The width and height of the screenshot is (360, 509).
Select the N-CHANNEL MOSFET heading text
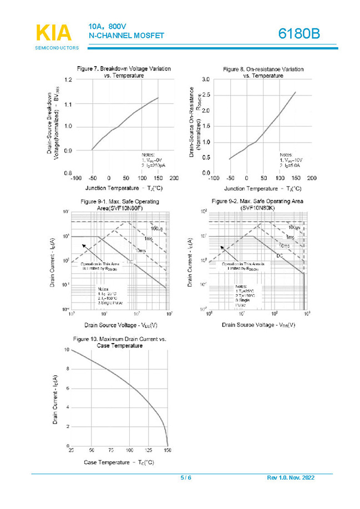(126, 36)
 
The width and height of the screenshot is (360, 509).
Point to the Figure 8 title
(263, 72)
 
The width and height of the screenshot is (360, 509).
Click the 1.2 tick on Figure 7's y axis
(67, 80)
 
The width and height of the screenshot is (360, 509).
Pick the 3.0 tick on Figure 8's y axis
(205, 80)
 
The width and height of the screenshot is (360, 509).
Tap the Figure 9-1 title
(120, 204)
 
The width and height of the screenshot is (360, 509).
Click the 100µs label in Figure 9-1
(156, 229)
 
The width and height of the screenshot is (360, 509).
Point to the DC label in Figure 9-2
(280, 256)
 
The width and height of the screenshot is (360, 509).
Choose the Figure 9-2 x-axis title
(258, 325)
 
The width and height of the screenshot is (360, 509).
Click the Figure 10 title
(120, 341)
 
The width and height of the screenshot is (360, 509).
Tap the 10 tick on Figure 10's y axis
(67, 350)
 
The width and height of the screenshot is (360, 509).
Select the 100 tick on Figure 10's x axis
(130, 450)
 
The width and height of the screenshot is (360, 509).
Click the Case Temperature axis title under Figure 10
(119, 462)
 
